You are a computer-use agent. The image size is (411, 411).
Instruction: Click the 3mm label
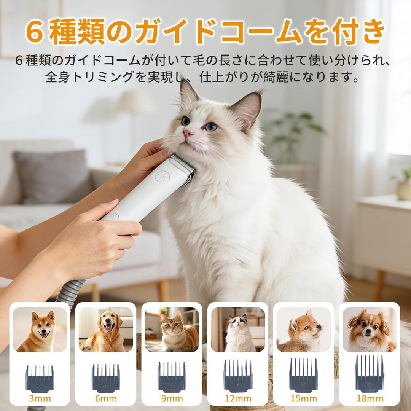click(x=40, y=398)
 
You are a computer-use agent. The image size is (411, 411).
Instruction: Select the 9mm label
click(x=172, y=398)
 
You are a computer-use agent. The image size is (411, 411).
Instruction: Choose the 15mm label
click(x=303, y=398)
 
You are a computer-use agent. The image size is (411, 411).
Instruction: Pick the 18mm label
click(x=369, y=398)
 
